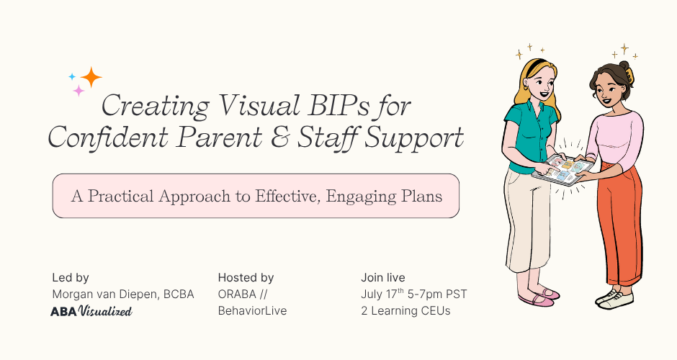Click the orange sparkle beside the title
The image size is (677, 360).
pos(91,76)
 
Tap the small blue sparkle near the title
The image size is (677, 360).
pos(72,76)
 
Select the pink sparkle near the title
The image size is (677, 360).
pos(79,91)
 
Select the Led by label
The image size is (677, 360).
pos(71,277)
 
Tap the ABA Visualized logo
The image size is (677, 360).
pos(91,311)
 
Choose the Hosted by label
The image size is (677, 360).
pos(246,277)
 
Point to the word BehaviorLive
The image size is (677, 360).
pos(252,311)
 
